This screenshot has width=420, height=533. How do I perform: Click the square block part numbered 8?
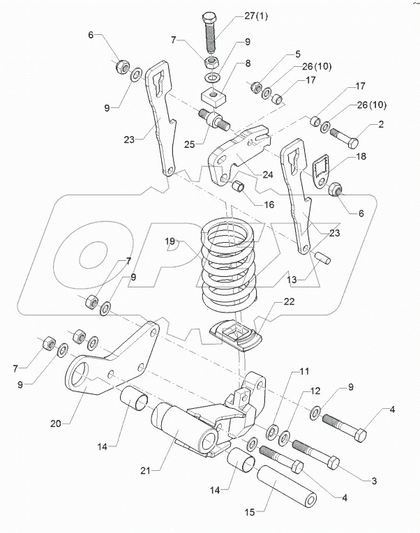(213, 93)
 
